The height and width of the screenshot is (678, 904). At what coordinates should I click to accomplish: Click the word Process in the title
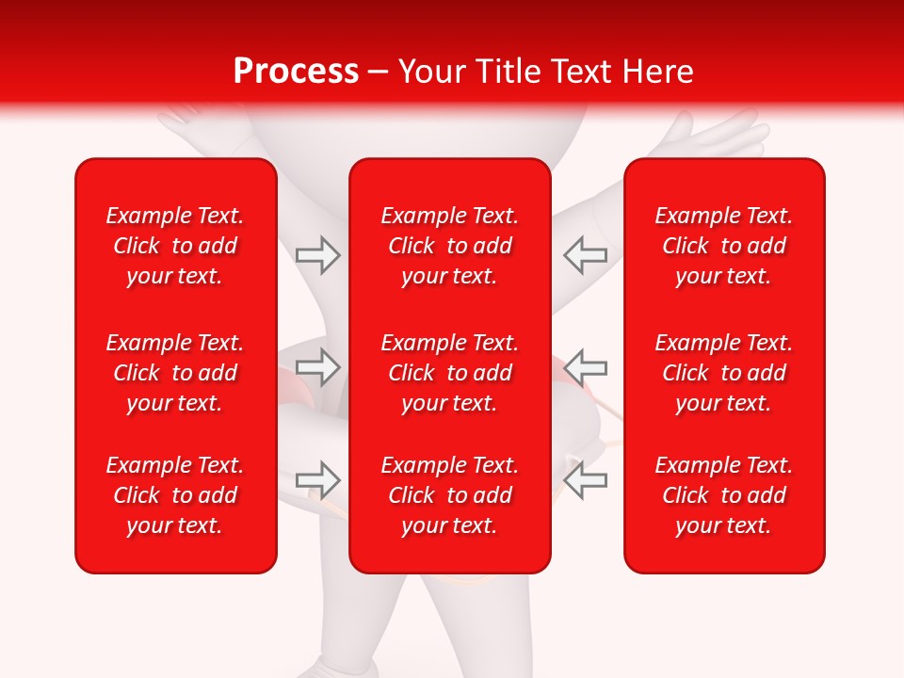[296, 72]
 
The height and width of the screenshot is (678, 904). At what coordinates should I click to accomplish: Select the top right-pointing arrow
[317, 254]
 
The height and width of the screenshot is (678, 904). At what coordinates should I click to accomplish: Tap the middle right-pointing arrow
[317, 367]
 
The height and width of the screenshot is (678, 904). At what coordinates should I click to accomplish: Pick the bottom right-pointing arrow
[317, 480]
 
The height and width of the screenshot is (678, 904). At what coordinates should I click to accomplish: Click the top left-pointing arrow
[586, 254]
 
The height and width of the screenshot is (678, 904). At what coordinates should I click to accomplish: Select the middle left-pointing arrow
[586, 367]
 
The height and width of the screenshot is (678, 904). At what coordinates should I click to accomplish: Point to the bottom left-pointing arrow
[586, 480]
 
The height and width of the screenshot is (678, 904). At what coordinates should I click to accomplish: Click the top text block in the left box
[175, 246]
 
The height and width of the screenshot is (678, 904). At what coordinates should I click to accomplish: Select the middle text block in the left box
[175, 373]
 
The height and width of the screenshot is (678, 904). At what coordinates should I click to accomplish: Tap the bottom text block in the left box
[175, 495]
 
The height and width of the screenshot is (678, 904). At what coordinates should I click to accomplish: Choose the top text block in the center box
[450, 246]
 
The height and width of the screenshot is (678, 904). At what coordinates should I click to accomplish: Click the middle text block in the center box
[450, 373]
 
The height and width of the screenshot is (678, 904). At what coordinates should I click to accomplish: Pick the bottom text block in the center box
[450, 495]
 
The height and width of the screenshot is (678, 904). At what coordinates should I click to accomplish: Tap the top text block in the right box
[724, 246]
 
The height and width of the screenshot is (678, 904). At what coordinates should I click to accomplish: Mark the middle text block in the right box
[724, 373]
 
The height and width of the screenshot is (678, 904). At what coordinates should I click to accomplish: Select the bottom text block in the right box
[724, 495]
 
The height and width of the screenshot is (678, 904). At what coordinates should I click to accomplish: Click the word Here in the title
[658, 72]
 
